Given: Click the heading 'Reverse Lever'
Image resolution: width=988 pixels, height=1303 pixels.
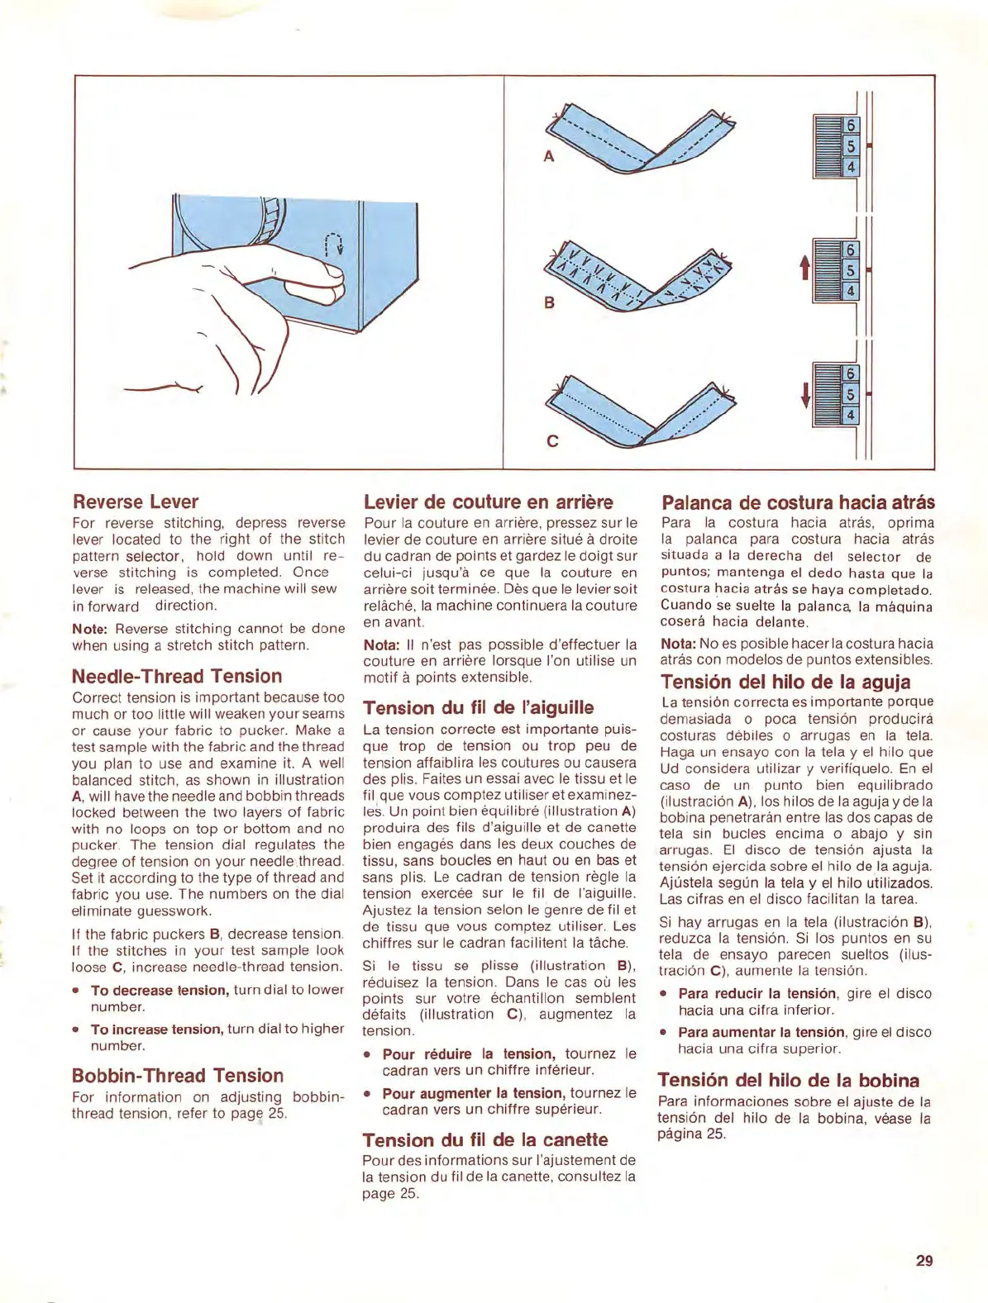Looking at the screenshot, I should pyautogui.click(x=136, y=502).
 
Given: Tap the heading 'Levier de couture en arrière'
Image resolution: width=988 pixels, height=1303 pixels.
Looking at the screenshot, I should pyautogui.click(x=488, y=502).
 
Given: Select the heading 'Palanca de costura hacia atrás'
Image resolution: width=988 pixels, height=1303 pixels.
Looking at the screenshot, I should pyautogui.click(x=798, y=502).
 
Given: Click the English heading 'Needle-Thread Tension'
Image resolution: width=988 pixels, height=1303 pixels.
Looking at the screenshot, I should pyautogui.click(x=177, y=676).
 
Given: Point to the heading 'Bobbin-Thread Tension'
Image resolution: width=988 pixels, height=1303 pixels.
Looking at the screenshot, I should pyautogui.click(x=178, y=1075).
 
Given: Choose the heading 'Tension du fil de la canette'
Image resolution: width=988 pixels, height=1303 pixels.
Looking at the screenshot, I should pyautogui.click(x=484, y=1139).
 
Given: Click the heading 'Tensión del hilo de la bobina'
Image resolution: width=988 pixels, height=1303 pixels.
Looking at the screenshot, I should pyautogui.click(x=788, y=1080).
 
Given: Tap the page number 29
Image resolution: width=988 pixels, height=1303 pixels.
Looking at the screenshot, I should pyautogui.click(x=924, y=1260).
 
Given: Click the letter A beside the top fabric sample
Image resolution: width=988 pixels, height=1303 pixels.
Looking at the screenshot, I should pyautogui.click(x=548, y=156).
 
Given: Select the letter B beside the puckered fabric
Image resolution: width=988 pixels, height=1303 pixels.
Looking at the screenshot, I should pyautogui.click(x=549, y=302).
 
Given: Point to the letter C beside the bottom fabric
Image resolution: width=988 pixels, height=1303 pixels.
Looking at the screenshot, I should pyautogui.click(x=552, y=440).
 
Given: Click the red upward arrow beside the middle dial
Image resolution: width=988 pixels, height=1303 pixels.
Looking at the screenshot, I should pyautogui.click(x=804, y=267).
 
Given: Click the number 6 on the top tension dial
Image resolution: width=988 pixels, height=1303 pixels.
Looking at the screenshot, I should pyautogui.click(x=850, y=126).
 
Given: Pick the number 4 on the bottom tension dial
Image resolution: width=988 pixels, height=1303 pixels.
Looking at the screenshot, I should pyautogui.click(x=850, y=415).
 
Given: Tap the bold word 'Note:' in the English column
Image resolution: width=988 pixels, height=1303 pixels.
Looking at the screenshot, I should pyautogui.click(x=90, y=629).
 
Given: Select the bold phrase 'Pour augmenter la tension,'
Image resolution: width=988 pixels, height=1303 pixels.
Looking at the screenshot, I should pyautogui.click(x=474, y=1093).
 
